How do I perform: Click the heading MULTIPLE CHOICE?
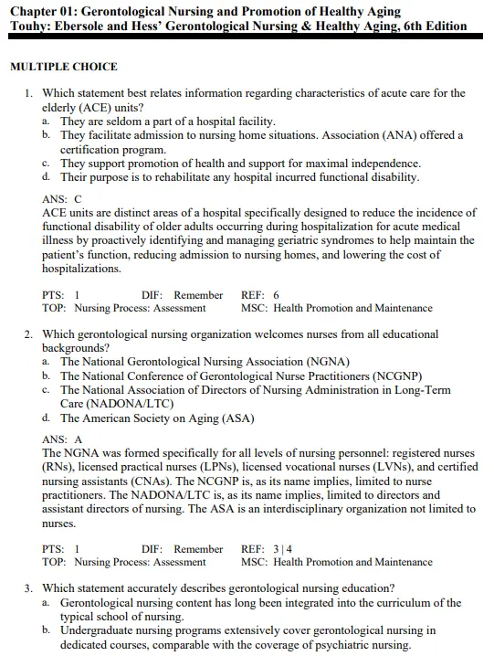click(x=63, y=67)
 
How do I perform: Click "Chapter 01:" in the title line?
click(x=43, y=10)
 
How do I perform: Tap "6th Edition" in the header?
click(x=431, y=26)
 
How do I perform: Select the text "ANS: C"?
click(x=62, y=198)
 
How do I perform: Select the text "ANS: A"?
click(x=62, y=439)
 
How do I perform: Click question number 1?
click(x=29, y=93)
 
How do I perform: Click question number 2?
click(x=29, y=334)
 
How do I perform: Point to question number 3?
click(x=29, y=588)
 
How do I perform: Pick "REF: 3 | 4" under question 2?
click(x=266, y=549)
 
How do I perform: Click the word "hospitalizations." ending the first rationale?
click(x=81, y=270)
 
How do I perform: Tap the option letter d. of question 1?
click(x=46, y=176)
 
